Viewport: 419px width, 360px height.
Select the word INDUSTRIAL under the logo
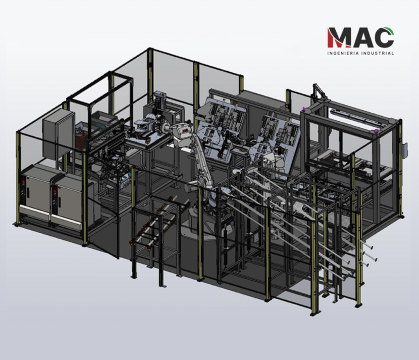click(378, 53)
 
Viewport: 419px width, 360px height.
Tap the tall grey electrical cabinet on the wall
click(59, 134)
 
